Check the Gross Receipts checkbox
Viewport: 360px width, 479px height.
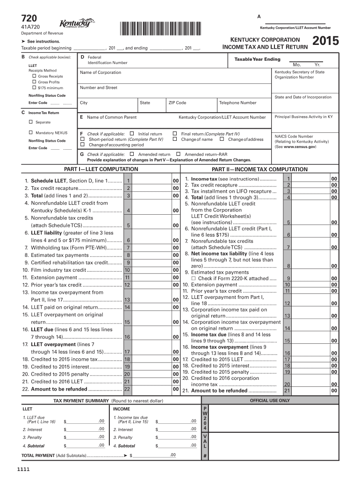point(34,76)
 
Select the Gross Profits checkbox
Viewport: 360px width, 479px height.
point(34,82)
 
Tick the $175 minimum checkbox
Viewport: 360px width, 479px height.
point(34,88)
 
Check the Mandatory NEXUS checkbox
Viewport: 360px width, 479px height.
point(31,133)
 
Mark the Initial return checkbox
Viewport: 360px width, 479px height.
point(131,133)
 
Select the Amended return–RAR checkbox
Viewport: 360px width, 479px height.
point(178,154)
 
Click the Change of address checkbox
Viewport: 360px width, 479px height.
point(222,139)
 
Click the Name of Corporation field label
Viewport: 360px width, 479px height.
point(101,73)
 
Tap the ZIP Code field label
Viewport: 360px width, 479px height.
point(177,102)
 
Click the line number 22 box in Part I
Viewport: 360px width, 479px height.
point(127,389)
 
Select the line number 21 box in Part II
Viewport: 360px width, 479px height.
point(288,391)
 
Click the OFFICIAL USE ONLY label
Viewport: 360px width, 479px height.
point(270,400)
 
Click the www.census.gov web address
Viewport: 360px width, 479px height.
point(300,146)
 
